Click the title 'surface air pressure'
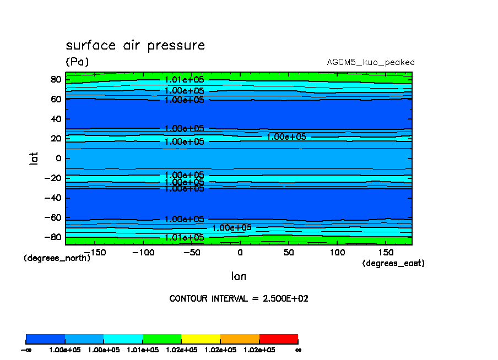(x=135, y=45)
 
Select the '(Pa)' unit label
(x=77, y=62)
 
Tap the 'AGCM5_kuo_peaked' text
(x=370, y=62)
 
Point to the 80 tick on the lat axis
(x=55, y=79)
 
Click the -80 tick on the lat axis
(x=53, y=237)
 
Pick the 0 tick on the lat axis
(x=58, y=159)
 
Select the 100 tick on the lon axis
(x=337, y=252)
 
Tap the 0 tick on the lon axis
(x=240, y=252)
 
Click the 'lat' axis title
(x=34, y=159)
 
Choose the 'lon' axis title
(x=239, y=276)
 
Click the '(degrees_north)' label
(x=57, y=258)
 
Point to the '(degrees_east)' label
(x=393, y=263)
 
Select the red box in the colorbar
(x=278, y=339)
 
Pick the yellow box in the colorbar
(x=201, y=339)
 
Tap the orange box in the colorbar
(x=240, y=339)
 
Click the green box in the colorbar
(x=162, y=339)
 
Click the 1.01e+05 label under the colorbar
(x=143, y=350)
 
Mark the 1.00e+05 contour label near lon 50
(x=286, y=137)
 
